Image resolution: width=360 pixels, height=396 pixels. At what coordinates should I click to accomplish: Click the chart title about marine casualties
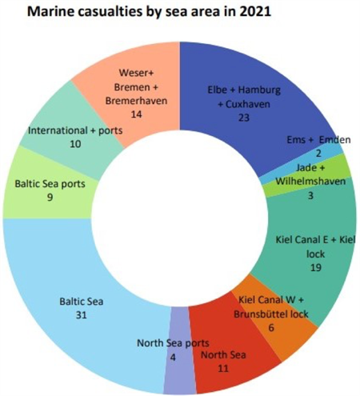149,12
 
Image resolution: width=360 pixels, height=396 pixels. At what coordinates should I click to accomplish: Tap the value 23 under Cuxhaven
244,118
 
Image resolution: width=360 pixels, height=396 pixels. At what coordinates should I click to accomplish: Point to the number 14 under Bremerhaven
136,114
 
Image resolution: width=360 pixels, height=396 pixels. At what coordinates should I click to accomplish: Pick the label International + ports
75,130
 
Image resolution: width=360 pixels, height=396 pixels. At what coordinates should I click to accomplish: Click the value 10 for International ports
75,144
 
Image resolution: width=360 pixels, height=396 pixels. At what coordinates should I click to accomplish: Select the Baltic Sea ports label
50,184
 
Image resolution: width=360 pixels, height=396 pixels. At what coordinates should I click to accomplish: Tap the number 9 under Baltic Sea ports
50,198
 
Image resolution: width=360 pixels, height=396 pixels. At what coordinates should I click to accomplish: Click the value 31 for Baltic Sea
82,315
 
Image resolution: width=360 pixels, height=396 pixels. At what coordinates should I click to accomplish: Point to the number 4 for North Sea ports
173,358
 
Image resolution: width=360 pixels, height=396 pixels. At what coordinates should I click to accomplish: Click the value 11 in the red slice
223,368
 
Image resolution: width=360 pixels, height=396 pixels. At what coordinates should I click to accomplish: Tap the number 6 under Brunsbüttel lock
271,327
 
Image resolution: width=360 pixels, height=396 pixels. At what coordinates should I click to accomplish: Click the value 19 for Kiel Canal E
316,267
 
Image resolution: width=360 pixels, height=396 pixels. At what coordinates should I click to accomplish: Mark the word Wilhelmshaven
310,182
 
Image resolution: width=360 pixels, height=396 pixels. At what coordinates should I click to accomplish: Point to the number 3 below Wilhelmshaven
310,196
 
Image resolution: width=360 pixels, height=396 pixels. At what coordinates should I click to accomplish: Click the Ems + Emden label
318,140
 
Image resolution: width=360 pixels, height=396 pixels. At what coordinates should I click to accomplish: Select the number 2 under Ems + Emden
318,154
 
